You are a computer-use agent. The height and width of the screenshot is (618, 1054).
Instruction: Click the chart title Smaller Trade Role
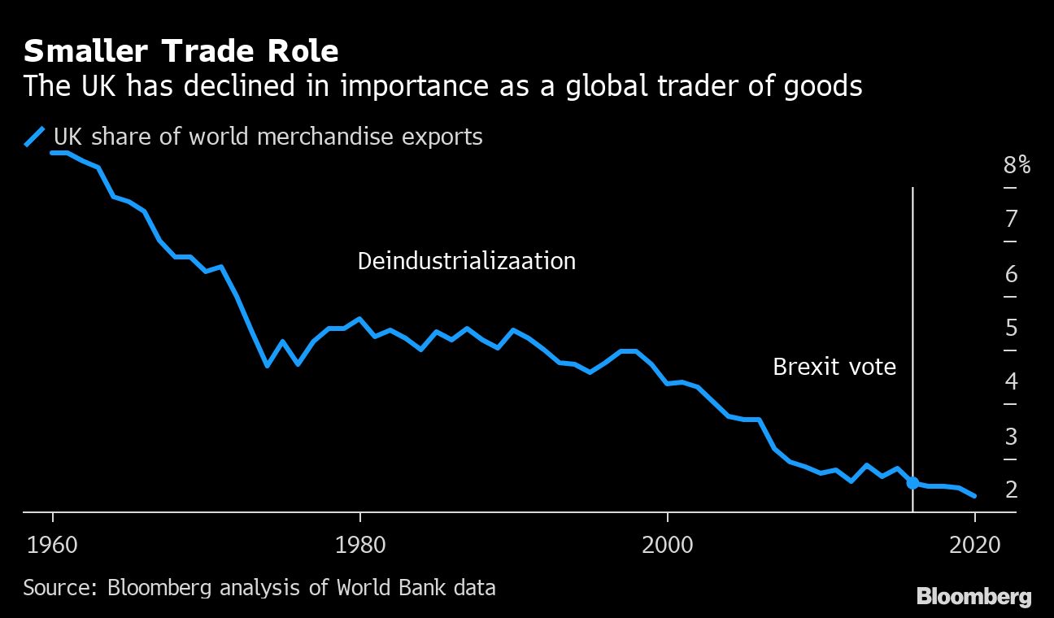(181, 51)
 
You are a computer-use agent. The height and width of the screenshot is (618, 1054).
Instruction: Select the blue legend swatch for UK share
(36, 137)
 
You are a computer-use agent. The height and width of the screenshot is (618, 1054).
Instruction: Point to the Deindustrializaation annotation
(466, 261)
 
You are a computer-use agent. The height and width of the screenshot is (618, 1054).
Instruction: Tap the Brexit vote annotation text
(834, 367)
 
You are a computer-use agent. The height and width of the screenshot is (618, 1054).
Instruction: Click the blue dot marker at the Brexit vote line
(912, 483)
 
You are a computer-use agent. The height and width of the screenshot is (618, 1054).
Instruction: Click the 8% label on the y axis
(1017, 166)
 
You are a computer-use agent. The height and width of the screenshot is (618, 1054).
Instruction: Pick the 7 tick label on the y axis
(1011, 219)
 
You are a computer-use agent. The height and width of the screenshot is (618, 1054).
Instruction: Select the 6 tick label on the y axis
(1011, 274)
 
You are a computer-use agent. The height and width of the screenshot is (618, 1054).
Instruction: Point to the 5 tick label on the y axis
(1011, 329)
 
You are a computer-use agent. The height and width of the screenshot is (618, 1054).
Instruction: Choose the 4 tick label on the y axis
(1011, 381)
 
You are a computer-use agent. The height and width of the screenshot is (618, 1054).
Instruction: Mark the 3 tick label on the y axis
(1011, 437)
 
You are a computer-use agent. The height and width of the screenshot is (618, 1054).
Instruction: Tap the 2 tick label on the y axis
(1011, 490)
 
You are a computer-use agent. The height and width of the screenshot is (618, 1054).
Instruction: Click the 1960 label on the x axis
(53, 544)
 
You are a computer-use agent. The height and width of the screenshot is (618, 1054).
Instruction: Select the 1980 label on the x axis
(359, 544)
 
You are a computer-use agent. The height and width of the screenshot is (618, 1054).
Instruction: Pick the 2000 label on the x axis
(667, 544)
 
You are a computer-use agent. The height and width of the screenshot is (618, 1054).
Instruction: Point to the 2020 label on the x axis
(974, 544)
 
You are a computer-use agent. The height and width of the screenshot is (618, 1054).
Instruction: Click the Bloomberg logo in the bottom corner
(973, 597)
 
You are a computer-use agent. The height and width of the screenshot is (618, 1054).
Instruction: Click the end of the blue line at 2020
(974, 496)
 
